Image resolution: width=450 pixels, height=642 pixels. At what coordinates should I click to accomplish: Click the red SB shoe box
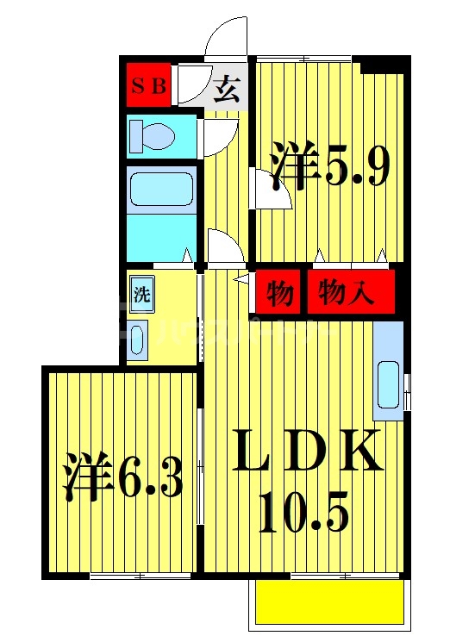[149, 85]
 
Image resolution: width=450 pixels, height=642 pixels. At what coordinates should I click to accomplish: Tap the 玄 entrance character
[227, 89]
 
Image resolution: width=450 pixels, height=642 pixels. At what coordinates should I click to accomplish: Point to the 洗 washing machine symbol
[141, 293]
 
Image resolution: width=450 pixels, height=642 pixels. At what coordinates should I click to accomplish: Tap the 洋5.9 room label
[328, 168]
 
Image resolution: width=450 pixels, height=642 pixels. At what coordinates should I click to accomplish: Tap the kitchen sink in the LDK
[388, 379]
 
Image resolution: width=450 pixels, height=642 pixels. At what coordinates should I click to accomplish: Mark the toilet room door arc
[220, 138]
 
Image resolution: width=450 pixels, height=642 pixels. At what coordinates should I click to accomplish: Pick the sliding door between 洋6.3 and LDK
[201, 465]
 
